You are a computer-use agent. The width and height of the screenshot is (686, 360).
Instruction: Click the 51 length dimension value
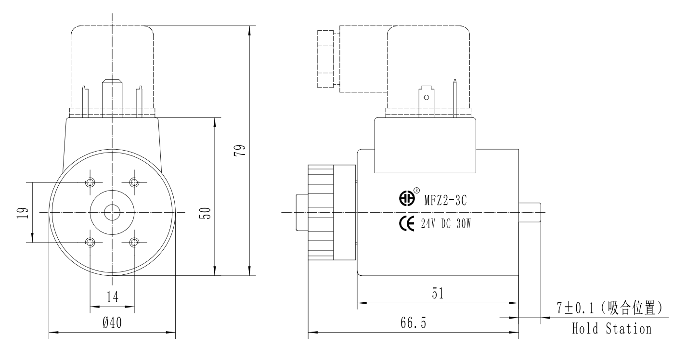point(437,293)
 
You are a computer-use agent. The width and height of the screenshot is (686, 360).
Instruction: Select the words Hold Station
point(611,330)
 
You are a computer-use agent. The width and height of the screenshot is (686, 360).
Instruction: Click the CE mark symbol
point(407,224)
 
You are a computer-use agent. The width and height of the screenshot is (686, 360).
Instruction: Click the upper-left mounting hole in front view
point(91,182)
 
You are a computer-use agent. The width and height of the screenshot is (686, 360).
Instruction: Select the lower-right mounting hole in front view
point(134,242)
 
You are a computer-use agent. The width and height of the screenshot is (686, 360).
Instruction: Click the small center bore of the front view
point(112,212)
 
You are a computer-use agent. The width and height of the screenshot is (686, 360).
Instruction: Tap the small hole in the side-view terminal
point(426,98)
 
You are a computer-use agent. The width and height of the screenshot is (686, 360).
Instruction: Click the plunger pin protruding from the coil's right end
point(530,212)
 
